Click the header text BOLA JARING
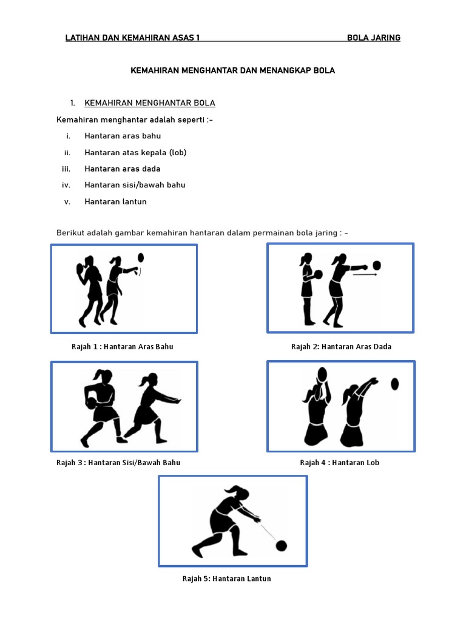coord(373,38)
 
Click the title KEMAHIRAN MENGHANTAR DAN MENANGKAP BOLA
coord(233,70)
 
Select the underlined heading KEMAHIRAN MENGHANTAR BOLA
coord(150,103)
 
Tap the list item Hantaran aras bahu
coord(123,136)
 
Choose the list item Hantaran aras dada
coord(123,169)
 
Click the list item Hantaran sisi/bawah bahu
coord(135,185)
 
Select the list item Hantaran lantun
coord(115,201)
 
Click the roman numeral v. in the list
coord(68,201)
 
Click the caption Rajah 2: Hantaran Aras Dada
coord(341,347)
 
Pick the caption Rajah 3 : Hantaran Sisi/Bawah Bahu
coord(118,462)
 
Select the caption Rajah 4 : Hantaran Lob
coord(339,462)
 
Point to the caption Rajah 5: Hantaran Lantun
coord(227,579)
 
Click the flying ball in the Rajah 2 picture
coord(377,265)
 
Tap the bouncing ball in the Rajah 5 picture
coord(281,546)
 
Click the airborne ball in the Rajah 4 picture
coord(395,383)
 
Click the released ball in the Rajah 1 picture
coord(141,257)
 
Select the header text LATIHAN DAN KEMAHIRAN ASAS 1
coord(133,38)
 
